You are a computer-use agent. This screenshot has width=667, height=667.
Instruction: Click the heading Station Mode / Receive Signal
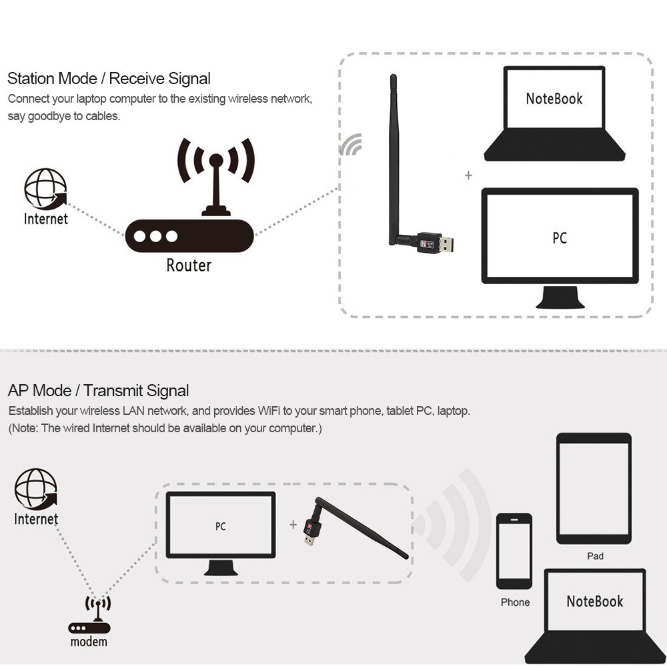(x=109, y=79)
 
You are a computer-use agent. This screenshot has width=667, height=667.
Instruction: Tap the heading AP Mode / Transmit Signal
(x=98, y=391)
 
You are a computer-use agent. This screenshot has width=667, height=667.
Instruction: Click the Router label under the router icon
(x=188, y=265)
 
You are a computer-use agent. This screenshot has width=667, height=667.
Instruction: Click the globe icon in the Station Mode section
(x=45, y=189)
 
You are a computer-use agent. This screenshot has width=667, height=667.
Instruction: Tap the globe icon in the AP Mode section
(x=35, y=489)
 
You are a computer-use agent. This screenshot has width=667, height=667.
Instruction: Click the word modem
(x=89, y=642)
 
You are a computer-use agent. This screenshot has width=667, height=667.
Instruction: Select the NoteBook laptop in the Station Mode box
(x=554, y=113)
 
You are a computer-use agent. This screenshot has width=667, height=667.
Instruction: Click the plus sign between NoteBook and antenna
(x=468, y=175)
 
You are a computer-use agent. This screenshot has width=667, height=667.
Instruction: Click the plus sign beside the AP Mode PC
(x=293, y=525)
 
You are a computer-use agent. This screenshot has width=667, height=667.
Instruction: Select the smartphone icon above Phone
(x=514, y=550)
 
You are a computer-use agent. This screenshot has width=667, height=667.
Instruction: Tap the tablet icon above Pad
(x=594, y=489)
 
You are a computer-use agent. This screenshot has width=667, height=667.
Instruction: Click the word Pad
(x=595, y=556)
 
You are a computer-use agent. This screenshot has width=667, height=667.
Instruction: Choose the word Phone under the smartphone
(x=515, y=602)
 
